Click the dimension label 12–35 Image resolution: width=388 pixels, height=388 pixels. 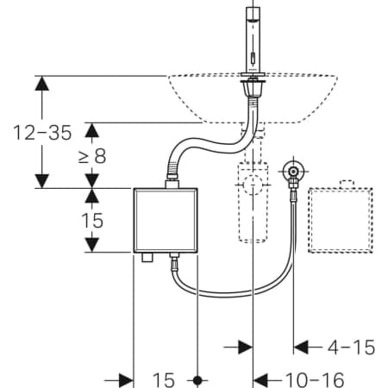[42, 133]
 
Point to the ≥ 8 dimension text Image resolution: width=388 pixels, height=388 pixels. [92, 156]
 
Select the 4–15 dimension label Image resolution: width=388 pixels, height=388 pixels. [351, 347]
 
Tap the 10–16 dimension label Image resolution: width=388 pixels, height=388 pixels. [315, 380]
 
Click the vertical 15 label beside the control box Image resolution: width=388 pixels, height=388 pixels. [92, 221]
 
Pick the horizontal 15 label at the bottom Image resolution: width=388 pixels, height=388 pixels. [163, 380]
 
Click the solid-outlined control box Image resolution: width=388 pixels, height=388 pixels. [166, 221]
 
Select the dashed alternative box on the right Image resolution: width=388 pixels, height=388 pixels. [341, 221]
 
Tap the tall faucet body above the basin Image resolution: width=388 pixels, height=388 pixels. [253, 40]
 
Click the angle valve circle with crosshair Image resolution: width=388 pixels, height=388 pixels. [293, 172]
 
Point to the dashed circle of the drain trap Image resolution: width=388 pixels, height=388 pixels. [253, 185]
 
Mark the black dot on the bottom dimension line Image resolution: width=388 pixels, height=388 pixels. [197, 380]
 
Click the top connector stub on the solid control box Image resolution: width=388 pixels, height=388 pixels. [172, 184]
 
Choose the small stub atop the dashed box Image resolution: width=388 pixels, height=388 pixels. [347, 185]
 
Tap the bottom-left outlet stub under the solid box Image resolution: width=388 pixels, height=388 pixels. [147, 257]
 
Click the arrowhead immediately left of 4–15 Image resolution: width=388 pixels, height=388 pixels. [301, 347]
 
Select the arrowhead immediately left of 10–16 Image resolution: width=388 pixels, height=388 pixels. [260, 380]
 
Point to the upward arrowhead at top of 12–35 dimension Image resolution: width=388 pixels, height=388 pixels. [42, 84]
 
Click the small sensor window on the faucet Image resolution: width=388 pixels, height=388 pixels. [253, 59]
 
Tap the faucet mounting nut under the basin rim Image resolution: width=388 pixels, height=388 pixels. [253, 89]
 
